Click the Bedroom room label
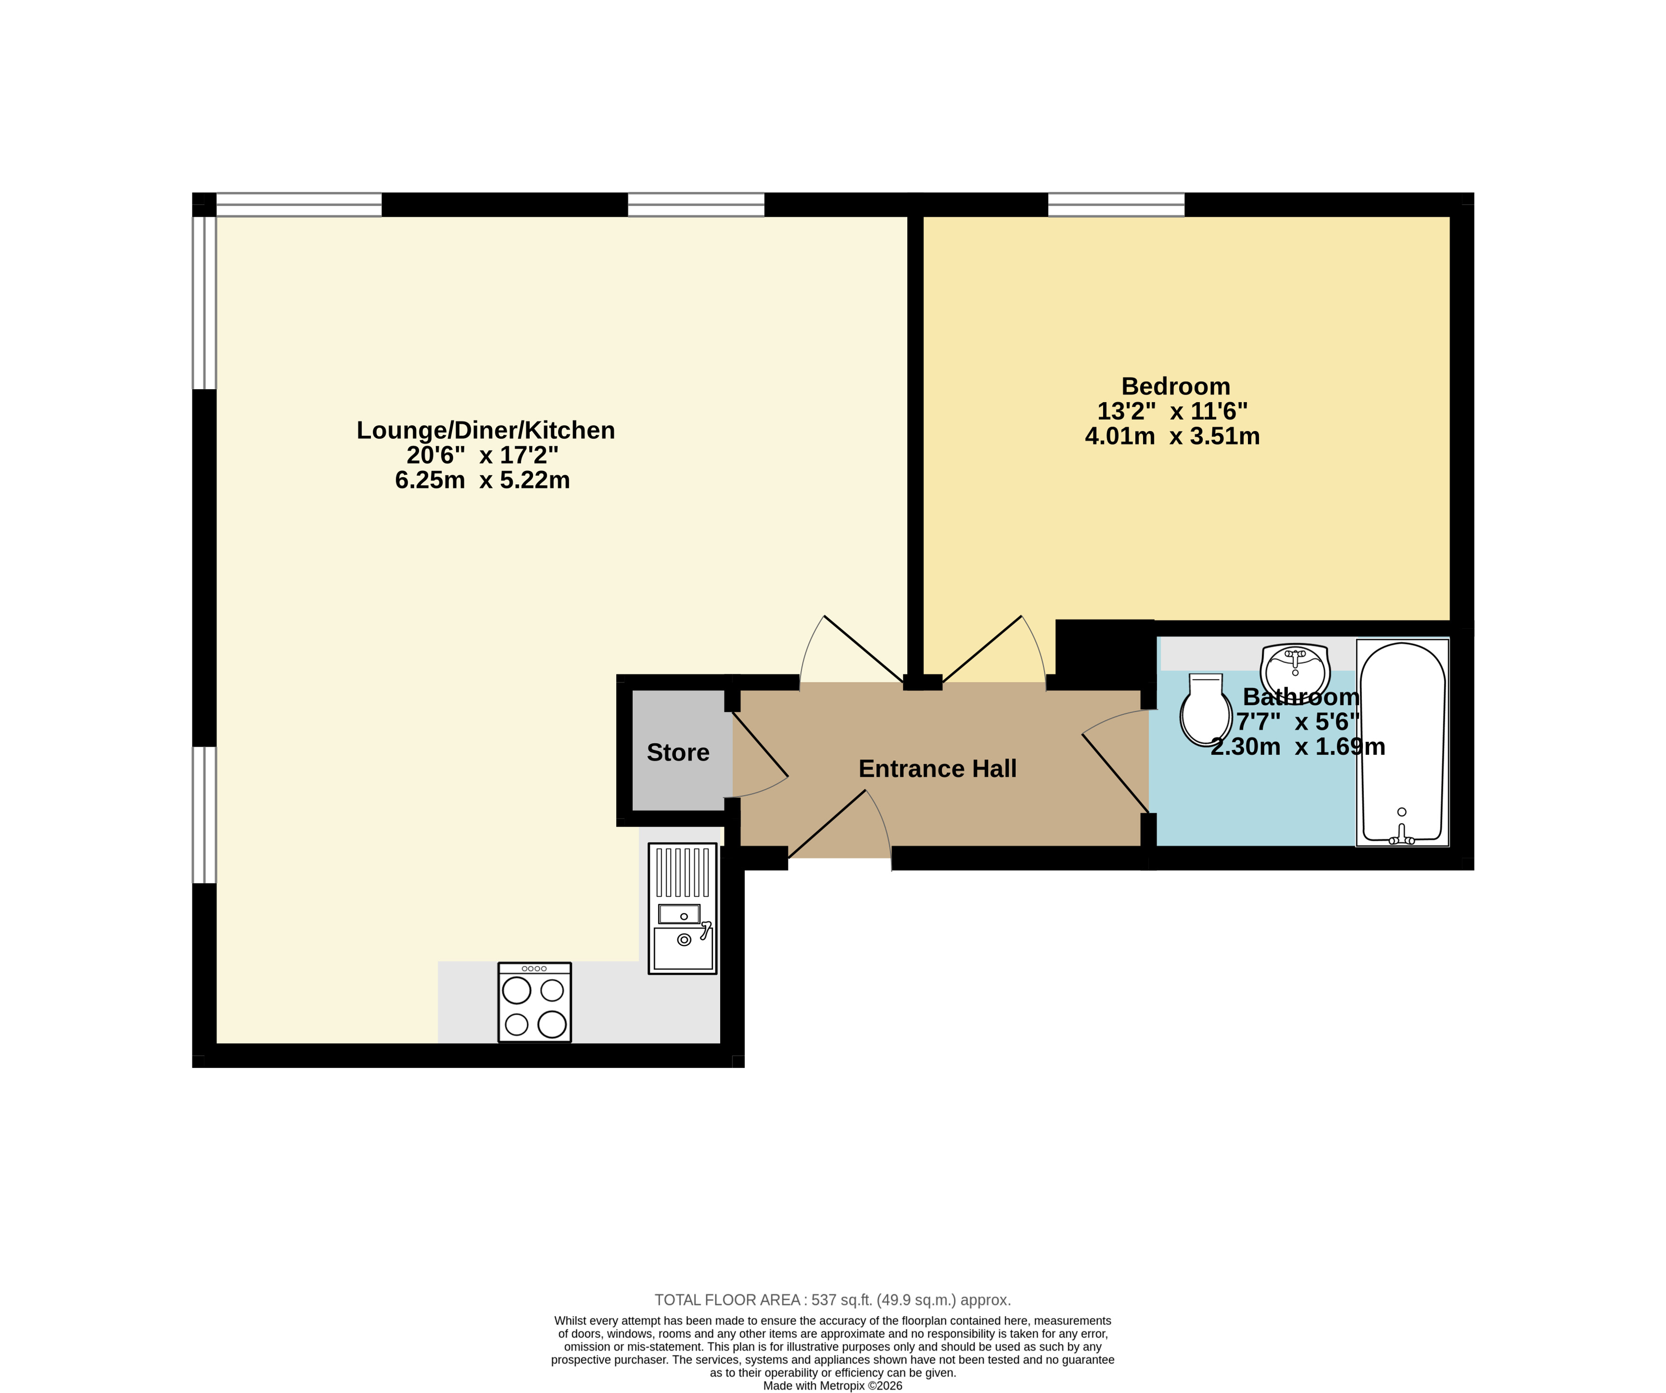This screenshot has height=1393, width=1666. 1176,386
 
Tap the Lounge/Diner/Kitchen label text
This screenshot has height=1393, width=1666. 486,430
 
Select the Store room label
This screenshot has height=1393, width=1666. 678,752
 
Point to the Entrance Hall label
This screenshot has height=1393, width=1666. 938,769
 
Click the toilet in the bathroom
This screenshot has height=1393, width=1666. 1205,710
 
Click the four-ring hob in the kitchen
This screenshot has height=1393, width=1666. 535,1002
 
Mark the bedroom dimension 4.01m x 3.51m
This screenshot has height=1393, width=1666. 1172,437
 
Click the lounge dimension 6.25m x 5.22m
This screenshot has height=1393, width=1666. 482,480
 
